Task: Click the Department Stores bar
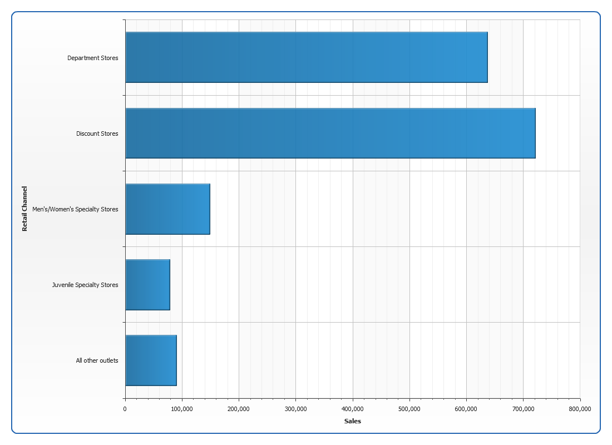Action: (x=306, y=57)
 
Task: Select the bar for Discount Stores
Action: (x=330, y=133)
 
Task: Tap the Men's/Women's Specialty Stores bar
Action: (x=167, y=209)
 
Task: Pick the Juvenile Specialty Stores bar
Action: (x=147, y=284)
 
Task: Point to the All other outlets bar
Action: (x=151, y=360)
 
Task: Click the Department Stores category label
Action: (x=93, y=58)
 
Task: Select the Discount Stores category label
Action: (x=97, y=133)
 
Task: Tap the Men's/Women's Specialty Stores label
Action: (x=76, y=209)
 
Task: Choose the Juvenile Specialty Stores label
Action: (x=85, y=285)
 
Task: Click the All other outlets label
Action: (x=97, y=360)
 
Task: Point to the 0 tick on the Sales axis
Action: (x=125, y=409)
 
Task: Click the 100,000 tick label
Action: (x=182, y=409)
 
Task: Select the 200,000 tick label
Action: (x=239, y=409)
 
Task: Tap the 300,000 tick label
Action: (x=295, y=409)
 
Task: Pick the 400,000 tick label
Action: (x=353, y=409)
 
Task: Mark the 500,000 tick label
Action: (x=409, y=409)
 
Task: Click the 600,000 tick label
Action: (x=466, y=409)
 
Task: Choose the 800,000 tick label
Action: (x=580, y=409)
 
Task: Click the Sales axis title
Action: (x=353, y=421)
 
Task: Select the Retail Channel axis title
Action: (x=24, y=209)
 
